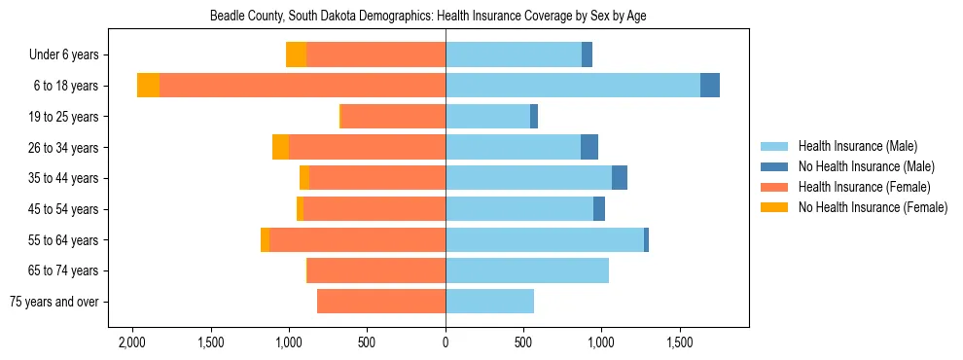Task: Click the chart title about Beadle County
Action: (428, 16)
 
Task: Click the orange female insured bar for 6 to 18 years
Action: (303, 86)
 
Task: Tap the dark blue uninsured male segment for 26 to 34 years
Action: (589, 147)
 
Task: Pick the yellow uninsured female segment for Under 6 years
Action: (296, 54)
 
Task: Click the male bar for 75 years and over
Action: (489, 302)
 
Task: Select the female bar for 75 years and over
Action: (381, 302)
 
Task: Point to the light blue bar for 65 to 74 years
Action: (527, 270)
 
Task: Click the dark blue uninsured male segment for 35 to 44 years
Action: (620, 178)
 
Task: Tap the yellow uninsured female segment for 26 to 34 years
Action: (280, 147)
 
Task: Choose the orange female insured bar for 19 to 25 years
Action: (393, 117)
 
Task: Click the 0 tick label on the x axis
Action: (446, 342)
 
